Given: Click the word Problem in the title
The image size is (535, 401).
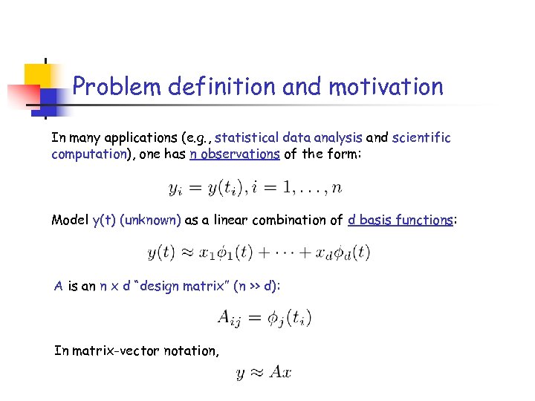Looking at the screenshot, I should coord(117,87).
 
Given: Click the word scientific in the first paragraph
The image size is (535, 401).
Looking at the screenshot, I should coord(421,137).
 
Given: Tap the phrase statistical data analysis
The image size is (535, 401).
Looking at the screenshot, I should coord(288,137).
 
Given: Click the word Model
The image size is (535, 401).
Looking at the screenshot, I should coord(69,220).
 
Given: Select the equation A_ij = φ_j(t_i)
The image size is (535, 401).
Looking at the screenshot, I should coord(265,319).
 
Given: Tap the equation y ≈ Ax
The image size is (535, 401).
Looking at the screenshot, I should coord(263,372).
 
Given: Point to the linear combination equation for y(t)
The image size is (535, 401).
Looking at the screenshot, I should coord(259,252).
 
